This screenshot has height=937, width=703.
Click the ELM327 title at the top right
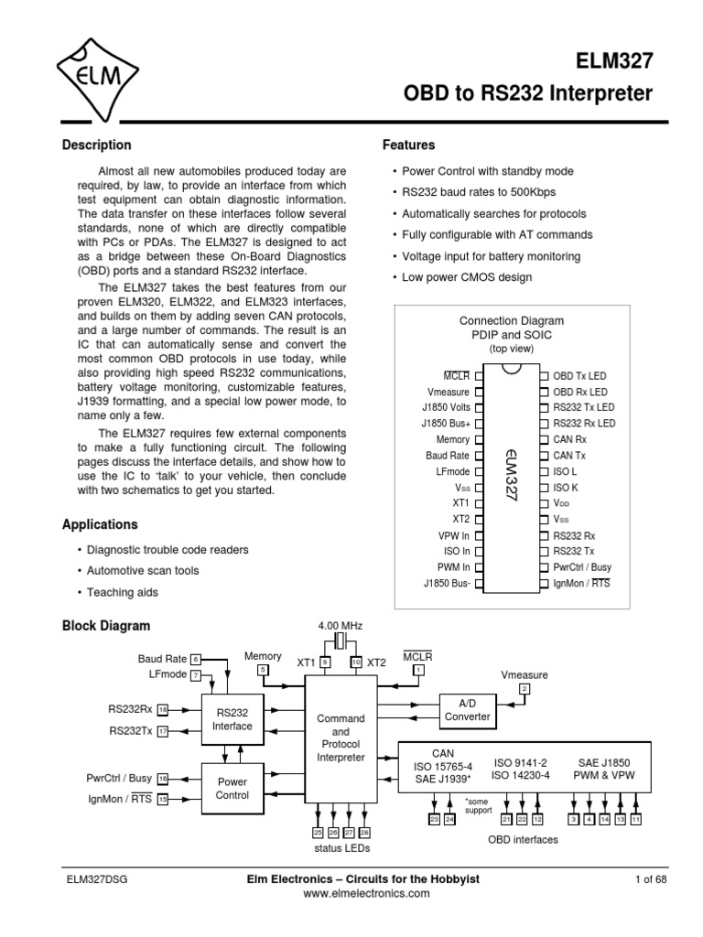[x=614, y=61]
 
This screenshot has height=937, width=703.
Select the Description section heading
[x=96, y=145]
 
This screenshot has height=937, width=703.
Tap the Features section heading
[x=408, y=145]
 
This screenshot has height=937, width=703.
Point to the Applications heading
[x=100, y=525]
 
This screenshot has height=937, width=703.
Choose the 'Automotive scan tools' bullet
[x=142, y=571]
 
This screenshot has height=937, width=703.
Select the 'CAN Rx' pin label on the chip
[x=571, y=439]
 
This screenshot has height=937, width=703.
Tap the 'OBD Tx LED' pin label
[x=580, y=375]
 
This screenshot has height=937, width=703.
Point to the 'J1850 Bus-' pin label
[x=446, y=583]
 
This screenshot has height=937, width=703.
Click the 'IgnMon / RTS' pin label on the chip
[x=582, y=583]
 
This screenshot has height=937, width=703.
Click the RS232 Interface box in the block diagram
[x=232, y=718]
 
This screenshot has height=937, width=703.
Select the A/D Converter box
[x=467, y=710]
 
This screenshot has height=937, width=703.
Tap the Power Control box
[x=232, y=789]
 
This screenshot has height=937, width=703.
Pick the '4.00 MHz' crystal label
[x=341, y=626]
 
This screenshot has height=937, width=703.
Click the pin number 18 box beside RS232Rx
[x=163, y=709]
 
